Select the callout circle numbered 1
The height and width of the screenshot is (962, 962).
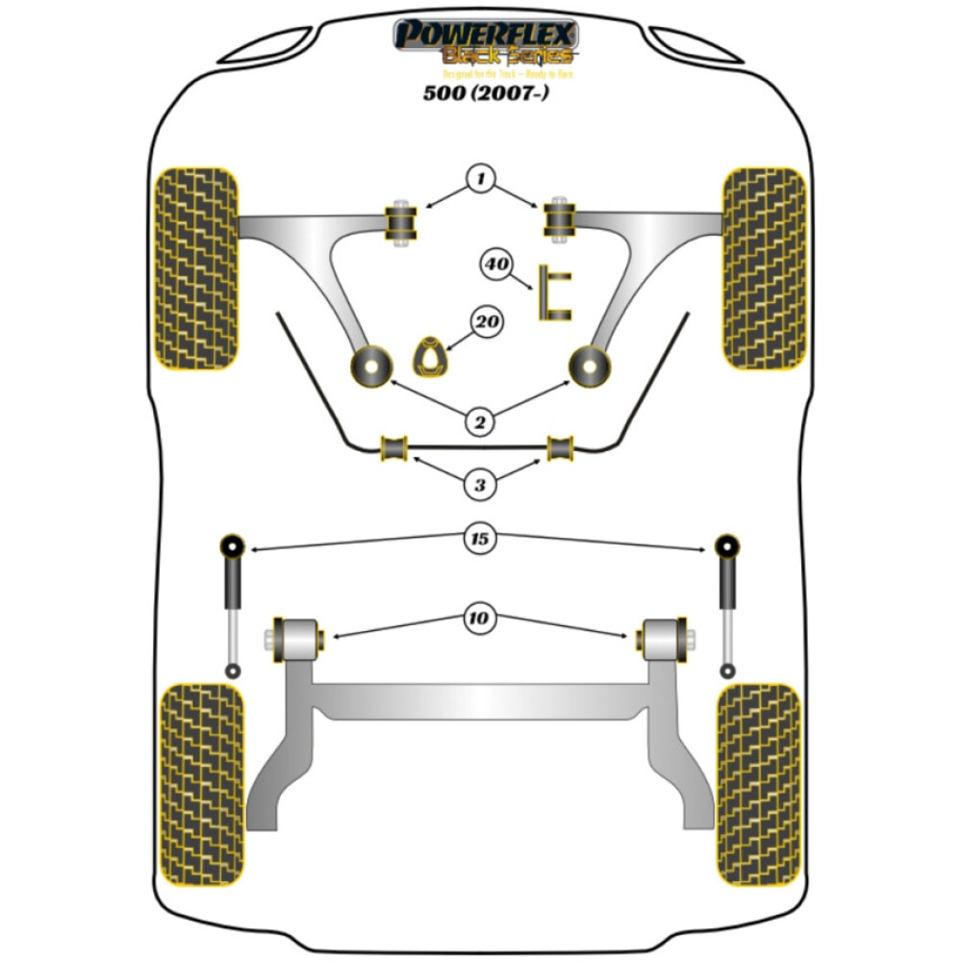480,179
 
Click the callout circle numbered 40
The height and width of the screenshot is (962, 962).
496,265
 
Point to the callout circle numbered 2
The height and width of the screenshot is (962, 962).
480,419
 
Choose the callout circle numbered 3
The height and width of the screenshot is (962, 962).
480,485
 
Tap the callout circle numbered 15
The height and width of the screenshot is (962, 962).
480,539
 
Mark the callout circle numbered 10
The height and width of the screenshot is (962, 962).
480,619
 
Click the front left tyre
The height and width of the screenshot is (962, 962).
196,268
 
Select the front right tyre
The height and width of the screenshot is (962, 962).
764,268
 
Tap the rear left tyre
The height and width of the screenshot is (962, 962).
200,784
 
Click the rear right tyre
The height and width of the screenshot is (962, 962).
759,784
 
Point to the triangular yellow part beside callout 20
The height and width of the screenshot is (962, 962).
430,357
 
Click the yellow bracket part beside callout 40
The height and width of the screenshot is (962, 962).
553,293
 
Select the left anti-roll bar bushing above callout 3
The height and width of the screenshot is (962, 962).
394,447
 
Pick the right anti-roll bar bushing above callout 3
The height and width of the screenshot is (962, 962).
561,447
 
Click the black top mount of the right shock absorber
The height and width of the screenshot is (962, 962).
727,544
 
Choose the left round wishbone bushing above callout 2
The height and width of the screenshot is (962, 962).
369,365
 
